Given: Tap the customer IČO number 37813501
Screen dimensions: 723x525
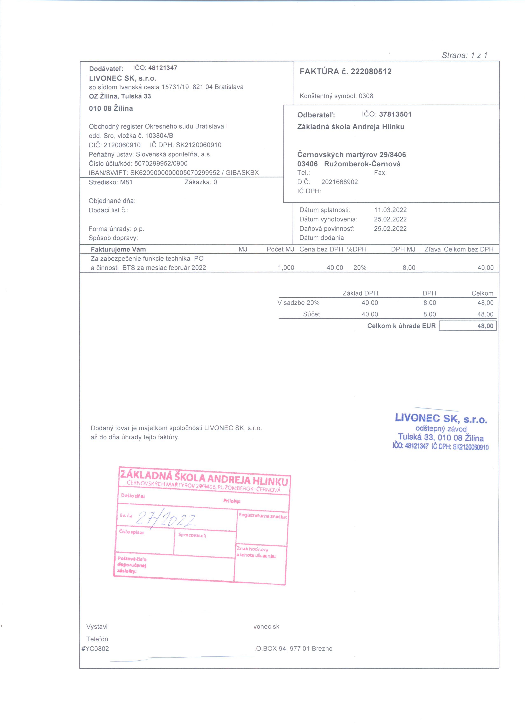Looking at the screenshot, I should click(395, 114).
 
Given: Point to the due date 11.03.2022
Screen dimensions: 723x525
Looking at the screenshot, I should click(390, 210).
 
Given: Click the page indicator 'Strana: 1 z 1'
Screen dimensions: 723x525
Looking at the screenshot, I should click(464, 55).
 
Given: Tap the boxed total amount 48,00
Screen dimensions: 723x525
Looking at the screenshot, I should click(485, 326).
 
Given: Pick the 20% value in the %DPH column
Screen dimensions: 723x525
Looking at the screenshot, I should click(360, 268).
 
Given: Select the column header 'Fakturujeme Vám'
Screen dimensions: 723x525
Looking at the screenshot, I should click(118, 249).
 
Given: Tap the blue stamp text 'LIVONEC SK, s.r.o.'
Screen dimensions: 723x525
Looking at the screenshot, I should click(441, 418).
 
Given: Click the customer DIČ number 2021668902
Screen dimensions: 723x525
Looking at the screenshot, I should click(339, 182).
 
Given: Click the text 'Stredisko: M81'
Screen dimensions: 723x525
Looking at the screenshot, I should click(111, 182).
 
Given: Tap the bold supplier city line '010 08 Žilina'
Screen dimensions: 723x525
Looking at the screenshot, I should click(111, 108).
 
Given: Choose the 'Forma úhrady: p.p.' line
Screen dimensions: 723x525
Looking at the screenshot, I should click(116, 229).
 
